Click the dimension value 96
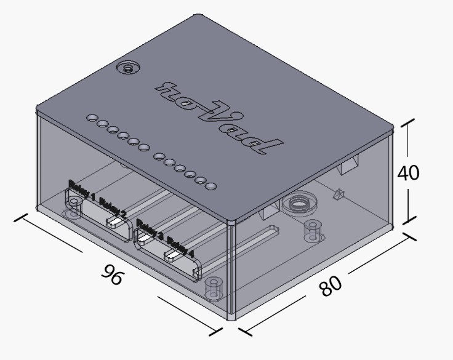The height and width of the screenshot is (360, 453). click(x=113, y=274)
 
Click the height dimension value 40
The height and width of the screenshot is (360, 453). click(x=408, y=173)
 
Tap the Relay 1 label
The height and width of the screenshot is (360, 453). click(x=82, y=190)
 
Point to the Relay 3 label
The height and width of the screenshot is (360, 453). click(x=150, y=229)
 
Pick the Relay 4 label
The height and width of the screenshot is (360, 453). click(x=180, y=246)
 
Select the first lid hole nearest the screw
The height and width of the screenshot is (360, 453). click(x=92, y=116)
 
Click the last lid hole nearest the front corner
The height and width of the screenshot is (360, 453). click(x=210, y=184)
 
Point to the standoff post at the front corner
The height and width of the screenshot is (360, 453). click(x=213, y=287)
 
